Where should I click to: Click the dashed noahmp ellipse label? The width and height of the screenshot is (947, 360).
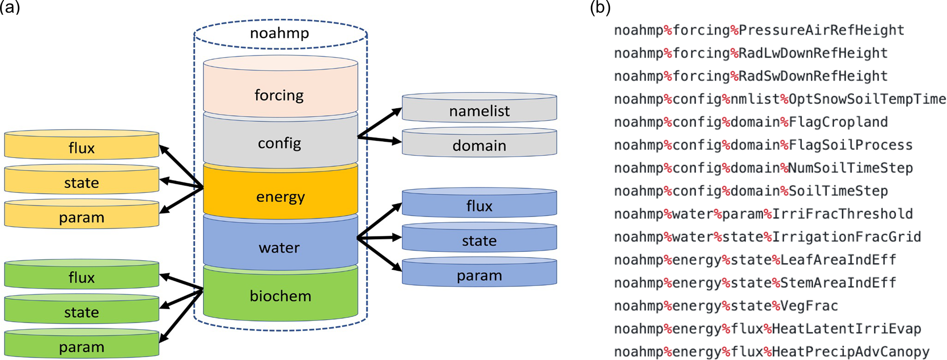(279, 33)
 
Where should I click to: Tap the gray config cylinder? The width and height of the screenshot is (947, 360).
(280, 142)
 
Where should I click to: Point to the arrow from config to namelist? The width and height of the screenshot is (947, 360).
(380, 122)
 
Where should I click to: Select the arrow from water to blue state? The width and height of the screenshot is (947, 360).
(379, 238)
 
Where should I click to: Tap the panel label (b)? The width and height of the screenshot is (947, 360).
(601, 8)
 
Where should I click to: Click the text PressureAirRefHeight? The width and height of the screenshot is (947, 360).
(821, 30)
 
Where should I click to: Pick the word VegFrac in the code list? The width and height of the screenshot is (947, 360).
(809, 305)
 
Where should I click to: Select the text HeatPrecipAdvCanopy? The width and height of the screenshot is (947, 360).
(850, 352)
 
